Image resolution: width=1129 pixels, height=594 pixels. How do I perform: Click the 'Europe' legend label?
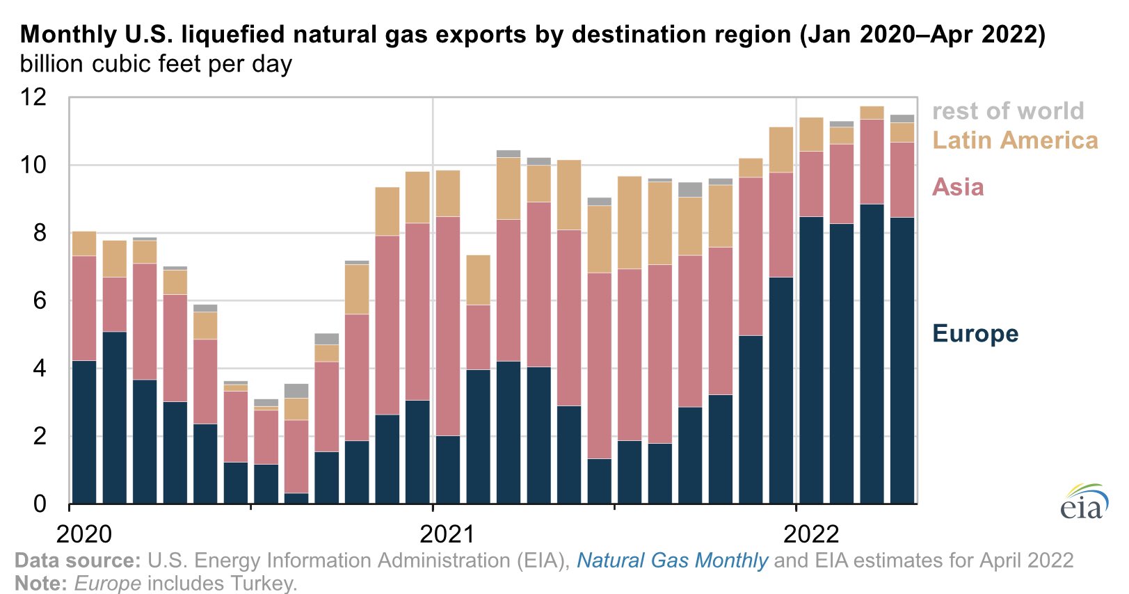(x=975, y=333)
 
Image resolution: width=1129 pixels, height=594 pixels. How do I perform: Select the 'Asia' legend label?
(x=958, y=187)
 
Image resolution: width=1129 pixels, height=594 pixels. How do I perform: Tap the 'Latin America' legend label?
(x=1014, y=140)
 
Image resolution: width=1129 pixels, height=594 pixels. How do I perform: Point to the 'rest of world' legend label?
(x=1007, y=111)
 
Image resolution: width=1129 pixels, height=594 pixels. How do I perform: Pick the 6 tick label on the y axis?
(x=40, y=300)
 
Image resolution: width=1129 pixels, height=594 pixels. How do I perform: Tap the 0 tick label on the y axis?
(x=40, y=504)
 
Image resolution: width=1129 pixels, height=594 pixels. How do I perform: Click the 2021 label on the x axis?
(x=447, y=533)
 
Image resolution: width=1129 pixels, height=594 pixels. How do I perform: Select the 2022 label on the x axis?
(x=811, y=533)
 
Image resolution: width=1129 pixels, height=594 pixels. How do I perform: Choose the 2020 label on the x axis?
(x=84, y=533)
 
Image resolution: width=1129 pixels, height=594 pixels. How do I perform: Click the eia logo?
(x=1084, y=502)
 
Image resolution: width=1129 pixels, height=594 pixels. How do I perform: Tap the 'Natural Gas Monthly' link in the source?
(x=672, y=560)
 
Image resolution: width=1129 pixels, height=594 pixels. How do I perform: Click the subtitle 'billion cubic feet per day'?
(x=156, y=64)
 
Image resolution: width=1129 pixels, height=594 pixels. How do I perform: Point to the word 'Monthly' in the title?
(x=67, y=34)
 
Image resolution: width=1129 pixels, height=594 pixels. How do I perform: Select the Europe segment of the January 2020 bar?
(x=84, y=431)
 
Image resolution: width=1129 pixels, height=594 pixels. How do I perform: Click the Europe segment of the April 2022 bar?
(x=902, y=360)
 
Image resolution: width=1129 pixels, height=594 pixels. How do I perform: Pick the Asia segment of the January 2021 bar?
(x=447, y=326)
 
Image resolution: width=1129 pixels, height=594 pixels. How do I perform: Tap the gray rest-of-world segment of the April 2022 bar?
(x=902, y=118)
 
